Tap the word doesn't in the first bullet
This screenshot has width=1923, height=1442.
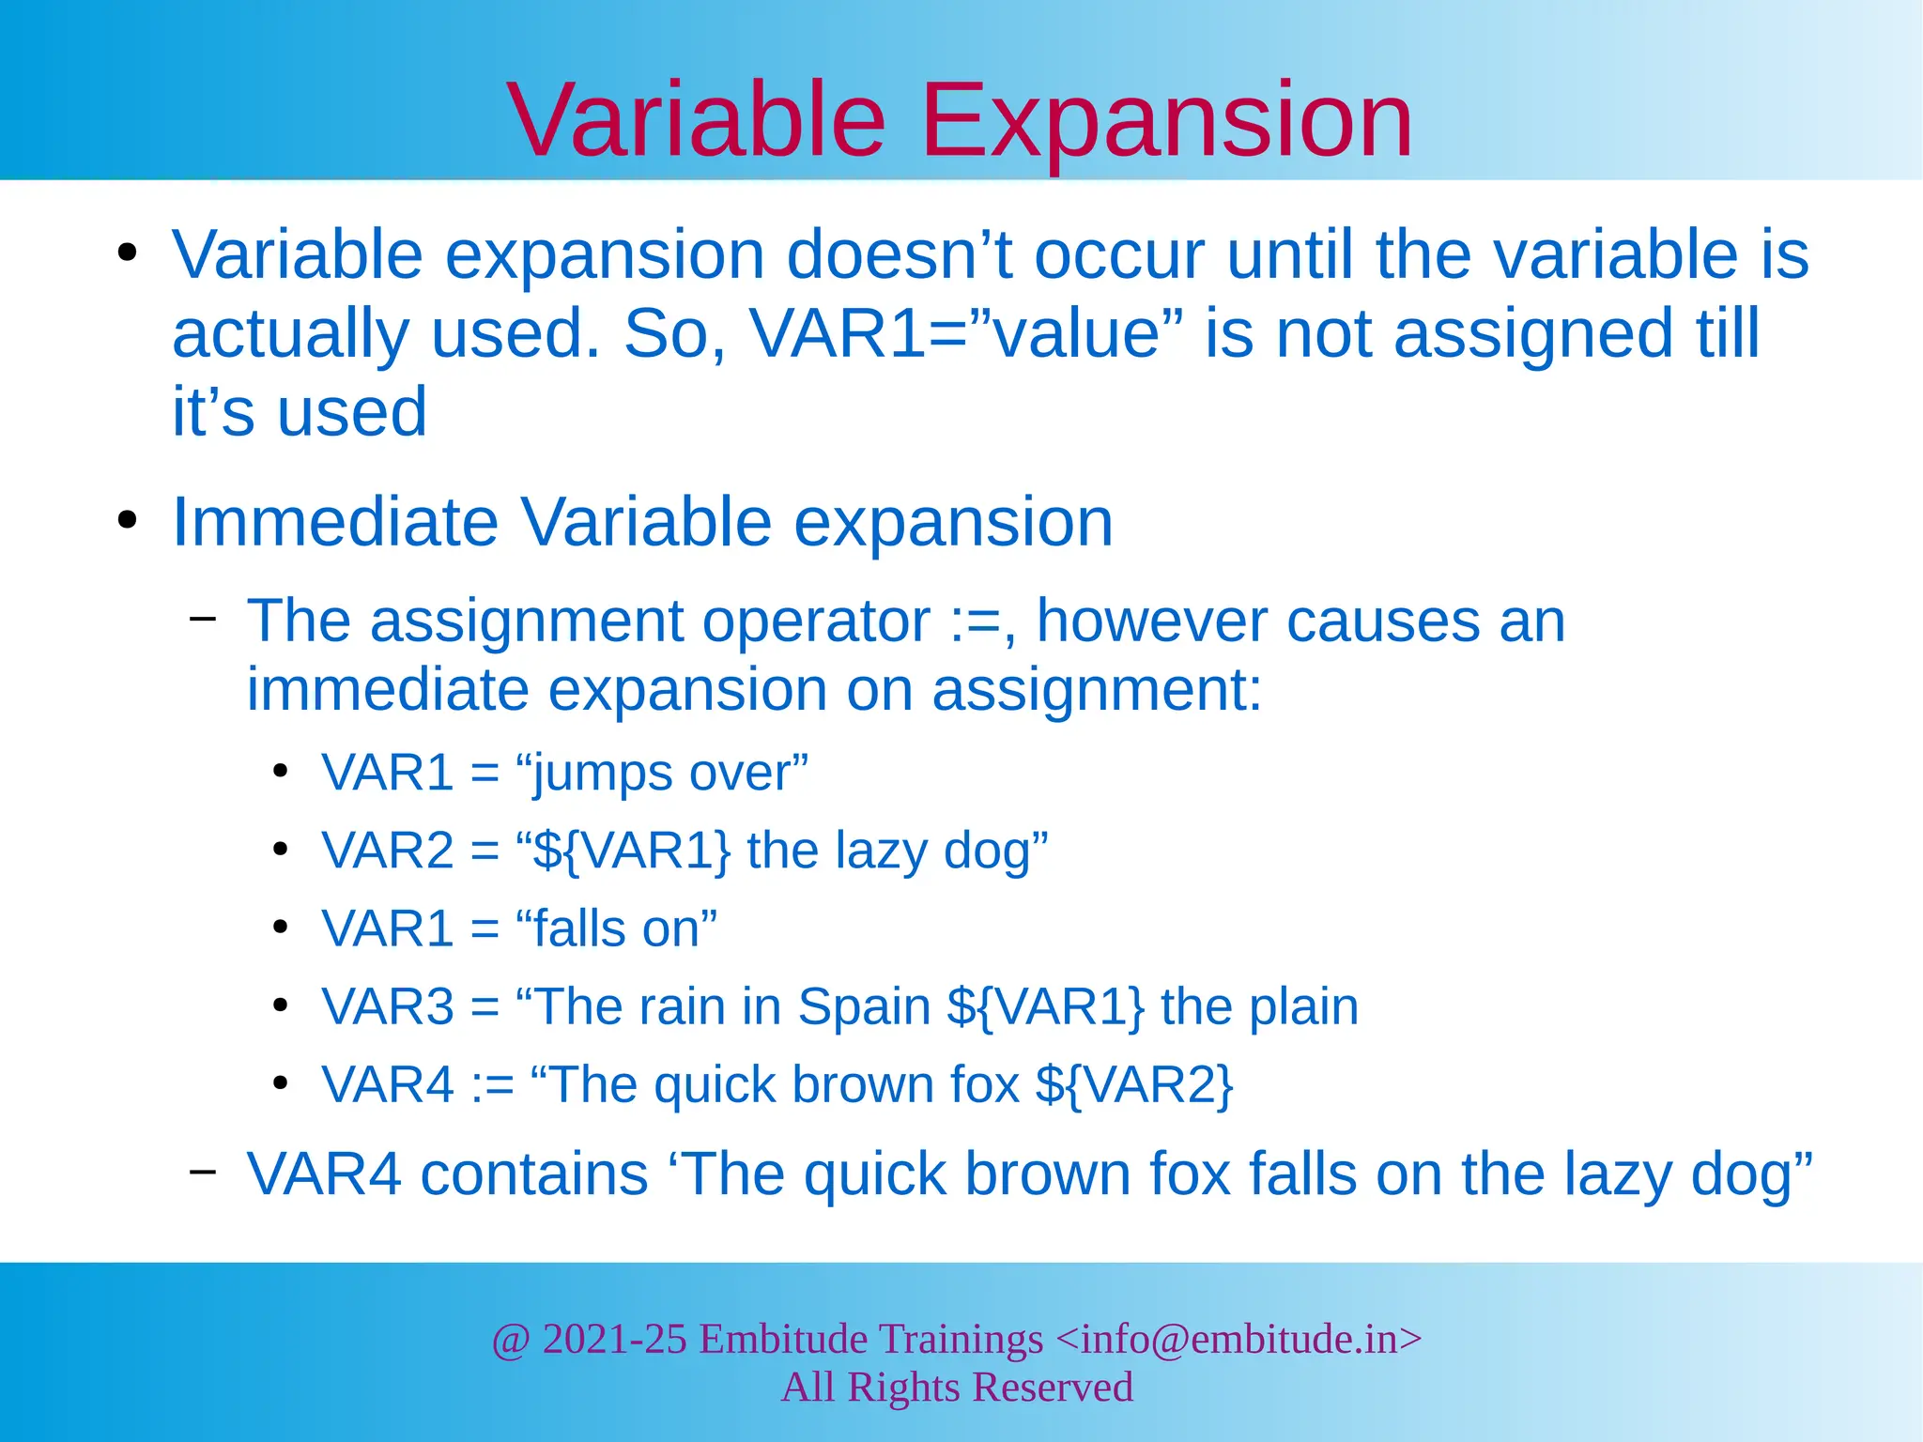[900, 255]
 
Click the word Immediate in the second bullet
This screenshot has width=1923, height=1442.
[334, 522]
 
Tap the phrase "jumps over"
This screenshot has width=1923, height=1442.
[662, 774]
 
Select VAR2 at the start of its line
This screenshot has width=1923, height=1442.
[387, 851]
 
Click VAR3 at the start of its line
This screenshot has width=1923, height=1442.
[387, 1007]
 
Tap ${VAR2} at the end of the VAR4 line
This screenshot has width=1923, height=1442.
[1133, 1085]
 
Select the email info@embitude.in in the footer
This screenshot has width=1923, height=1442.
[1238, 1339]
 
